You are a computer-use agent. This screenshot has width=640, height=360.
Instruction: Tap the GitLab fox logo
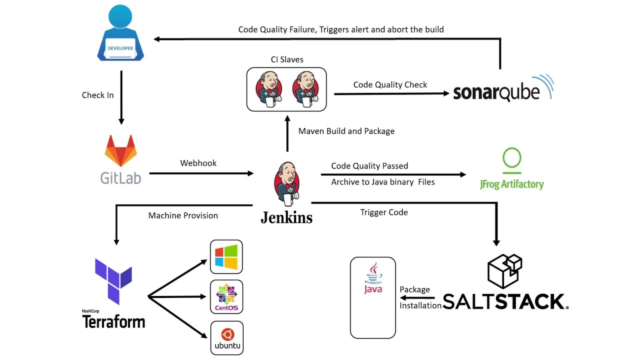click(x=120, y=151)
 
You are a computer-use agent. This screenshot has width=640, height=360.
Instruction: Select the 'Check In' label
click(x=97, y=95)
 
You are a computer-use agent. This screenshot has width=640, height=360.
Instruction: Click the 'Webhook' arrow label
click(x=198, y=163)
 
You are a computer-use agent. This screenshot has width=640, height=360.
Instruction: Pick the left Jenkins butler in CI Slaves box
click(x=268, y=89)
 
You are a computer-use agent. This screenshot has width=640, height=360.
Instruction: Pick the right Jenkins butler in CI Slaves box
click(x=305, y=89)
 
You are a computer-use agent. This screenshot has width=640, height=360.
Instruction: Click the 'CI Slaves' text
click(x=287, y=59)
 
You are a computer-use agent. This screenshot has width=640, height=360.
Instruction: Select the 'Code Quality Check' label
click(x=390, y=84)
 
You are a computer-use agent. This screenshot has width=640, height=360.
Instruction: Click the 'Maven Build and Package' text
click(x=346, y=131)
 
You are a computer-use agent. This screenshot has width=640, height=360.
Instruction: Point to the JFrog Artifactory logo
click(x=511, y=169)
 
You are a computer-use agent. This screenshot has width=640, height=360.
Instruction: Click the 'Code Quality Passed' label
click(x=369, y=165)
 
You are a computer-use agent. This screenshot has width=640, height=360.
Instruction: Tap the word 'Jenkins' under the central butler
click(x=286, y=217)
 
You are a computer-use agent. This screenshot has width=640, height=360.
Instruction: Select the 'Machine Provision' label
click(x=183, y=215)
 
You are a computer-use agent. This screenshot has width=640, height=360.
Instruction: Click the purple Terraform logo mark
click(x=113, y=281)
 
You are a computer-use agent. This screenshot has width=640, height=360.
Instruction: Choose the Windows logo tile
click(x=226, y=257)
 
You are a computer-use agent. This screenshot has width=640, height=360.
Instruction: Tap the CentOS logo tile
click(x=226, y=297)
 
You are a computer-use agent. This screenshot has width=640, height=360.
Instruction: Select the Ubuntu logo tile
click(x=226, y=338)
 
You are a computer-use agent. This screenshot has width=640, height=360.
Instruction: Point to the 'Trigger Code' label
click(x=384, y=212)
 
